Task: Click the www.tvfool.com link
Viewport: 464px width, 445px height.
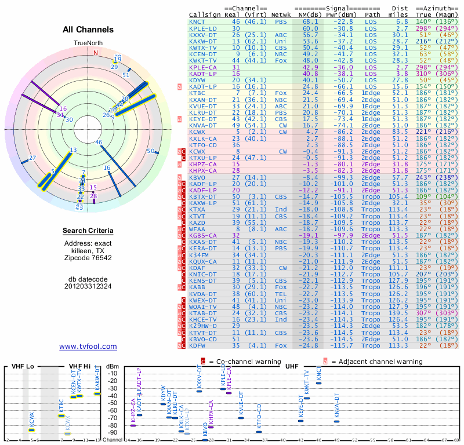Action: [88, 346]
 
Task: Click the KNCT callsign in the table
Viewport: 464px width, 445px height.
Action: [197, 21]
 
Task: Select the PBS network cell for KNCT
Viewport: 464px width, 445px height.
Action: [281, 21]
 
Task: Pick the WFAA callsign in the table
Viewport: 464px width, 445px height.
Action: [198, 229]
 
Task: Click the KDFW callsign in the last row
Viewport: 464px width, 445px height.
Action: [198, 345]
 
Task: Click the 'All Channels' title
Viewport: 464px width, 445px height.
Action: [88, 29]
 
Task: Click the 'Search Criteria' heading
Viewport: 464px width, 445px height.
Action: [88, 231]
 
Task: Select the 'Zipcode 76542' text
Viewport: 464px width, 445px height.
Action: [88, 258]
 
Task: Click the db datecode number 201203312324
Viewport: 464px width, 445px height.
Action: [88, 286]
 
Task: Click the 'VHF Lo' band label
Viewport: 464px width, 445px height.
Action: [20, 366]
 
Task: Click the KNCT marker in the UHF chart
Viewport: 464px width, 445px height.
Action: [318, 382]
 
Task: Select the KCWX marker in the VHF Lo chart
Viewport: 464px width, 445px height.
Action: [32, 430]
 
